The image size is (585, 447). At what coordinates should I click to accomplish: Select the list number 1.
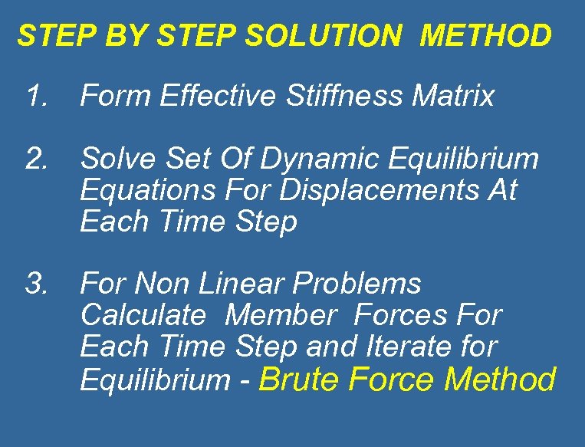point(37,97)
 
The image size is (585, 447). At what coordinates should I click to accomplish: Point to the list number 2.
point(37,159)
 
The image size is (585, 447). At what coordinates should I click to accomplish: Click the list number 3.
point(37,284)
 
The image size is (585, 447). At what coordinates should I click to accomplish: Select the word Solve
point(115,159)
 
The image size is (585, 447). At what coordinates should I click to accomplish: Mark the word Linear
point(242,284)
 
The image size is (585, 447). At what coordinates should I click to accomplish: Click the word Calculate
point(143,315)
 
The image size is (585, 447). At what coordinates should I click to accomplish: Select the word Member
point(281,315)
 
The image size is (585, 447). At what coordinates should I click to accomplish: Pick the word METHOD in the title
point(485,35)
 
